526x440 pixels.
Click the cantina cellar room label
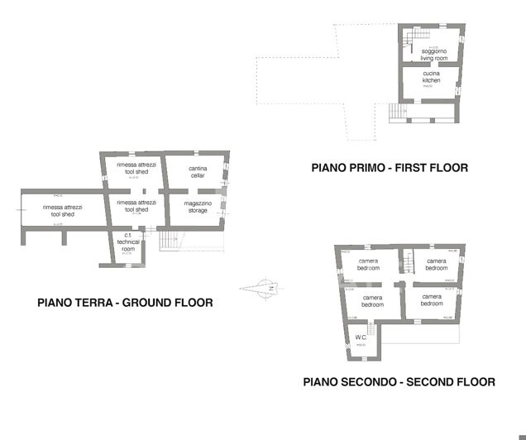click(198, 172)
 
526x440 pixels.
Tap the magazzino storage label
click(198, 207)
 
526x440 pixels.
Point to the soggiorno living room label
click(434, 55)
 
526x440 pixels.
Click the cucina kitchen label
click(431, 77)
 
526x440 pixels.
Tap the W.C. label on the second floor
click(361, 337)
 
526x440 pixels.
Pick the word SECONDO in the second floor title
click(369, 382)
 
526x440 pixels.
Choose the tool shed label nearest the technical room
click(136, 206)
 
